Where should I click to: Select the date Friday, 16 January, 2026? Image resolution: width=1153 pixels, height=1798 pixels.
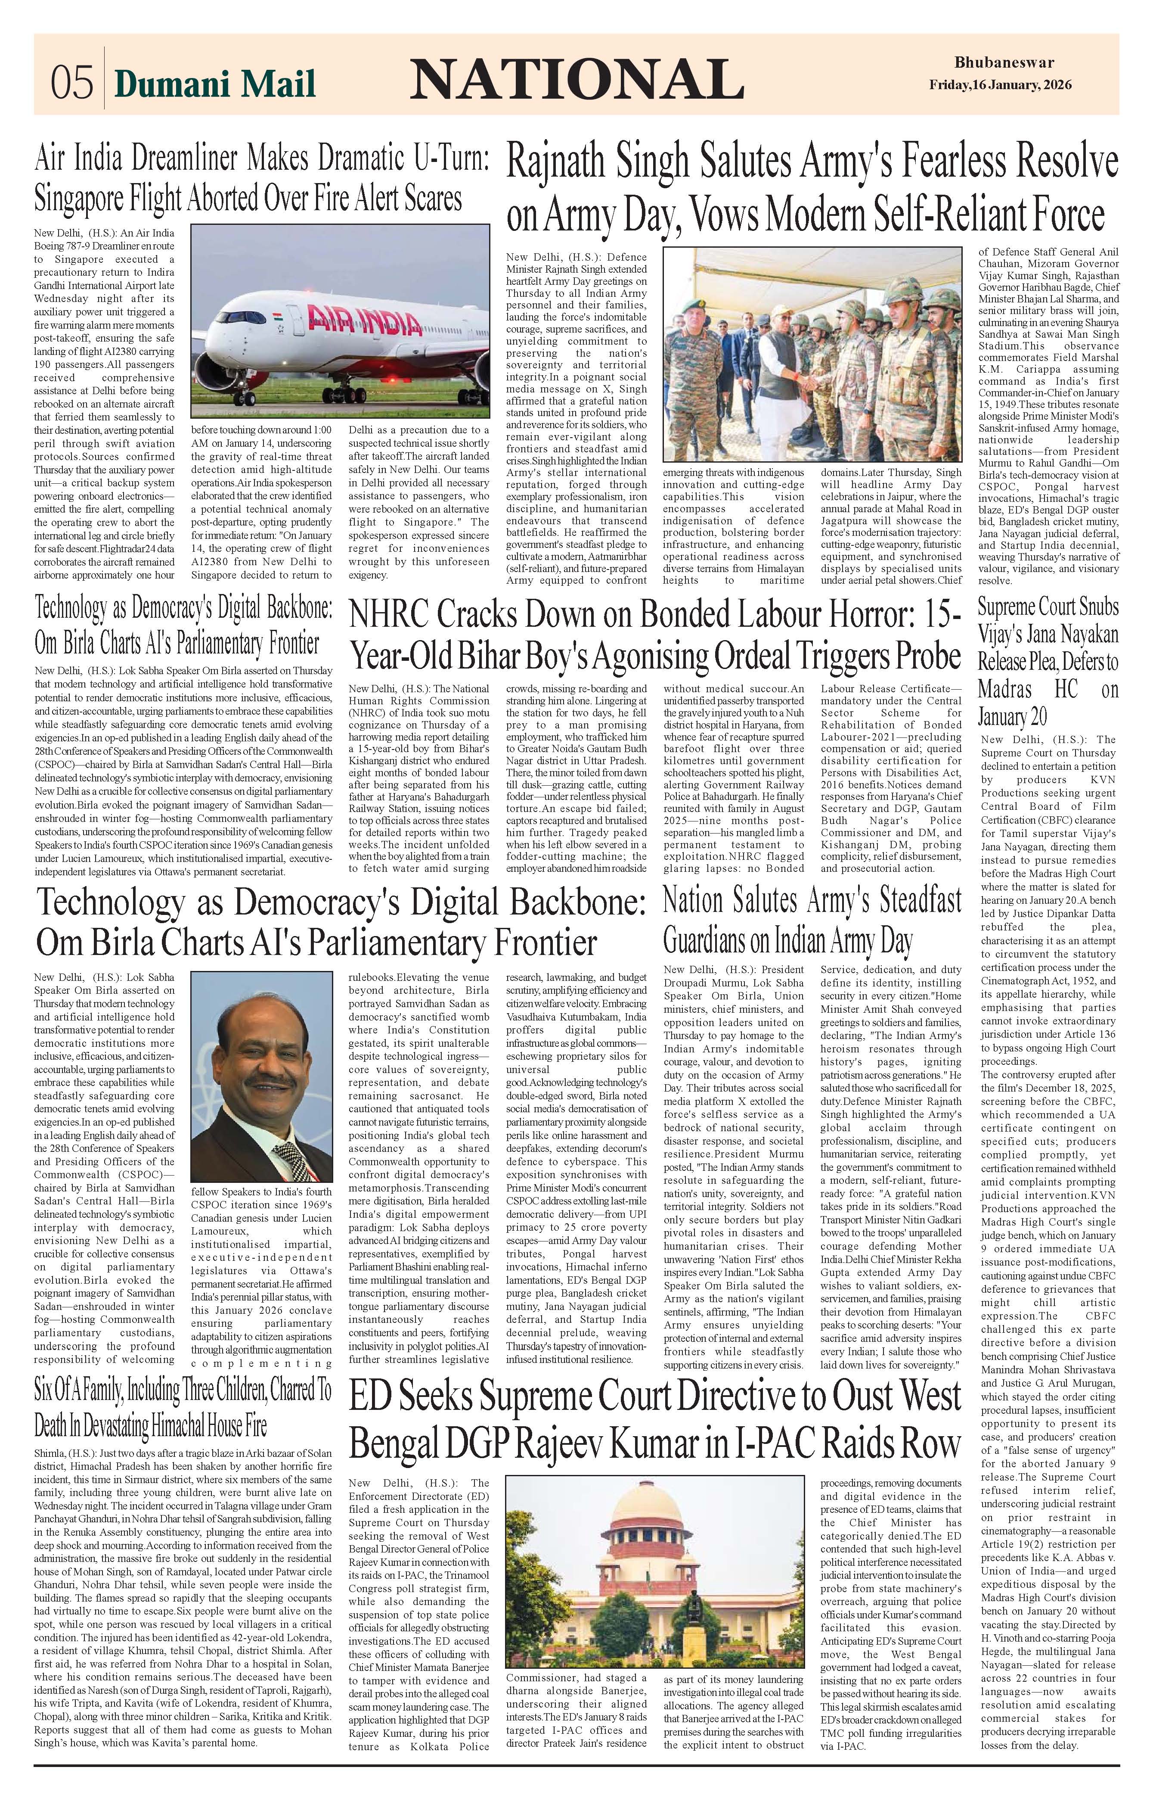(1000, 84)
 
